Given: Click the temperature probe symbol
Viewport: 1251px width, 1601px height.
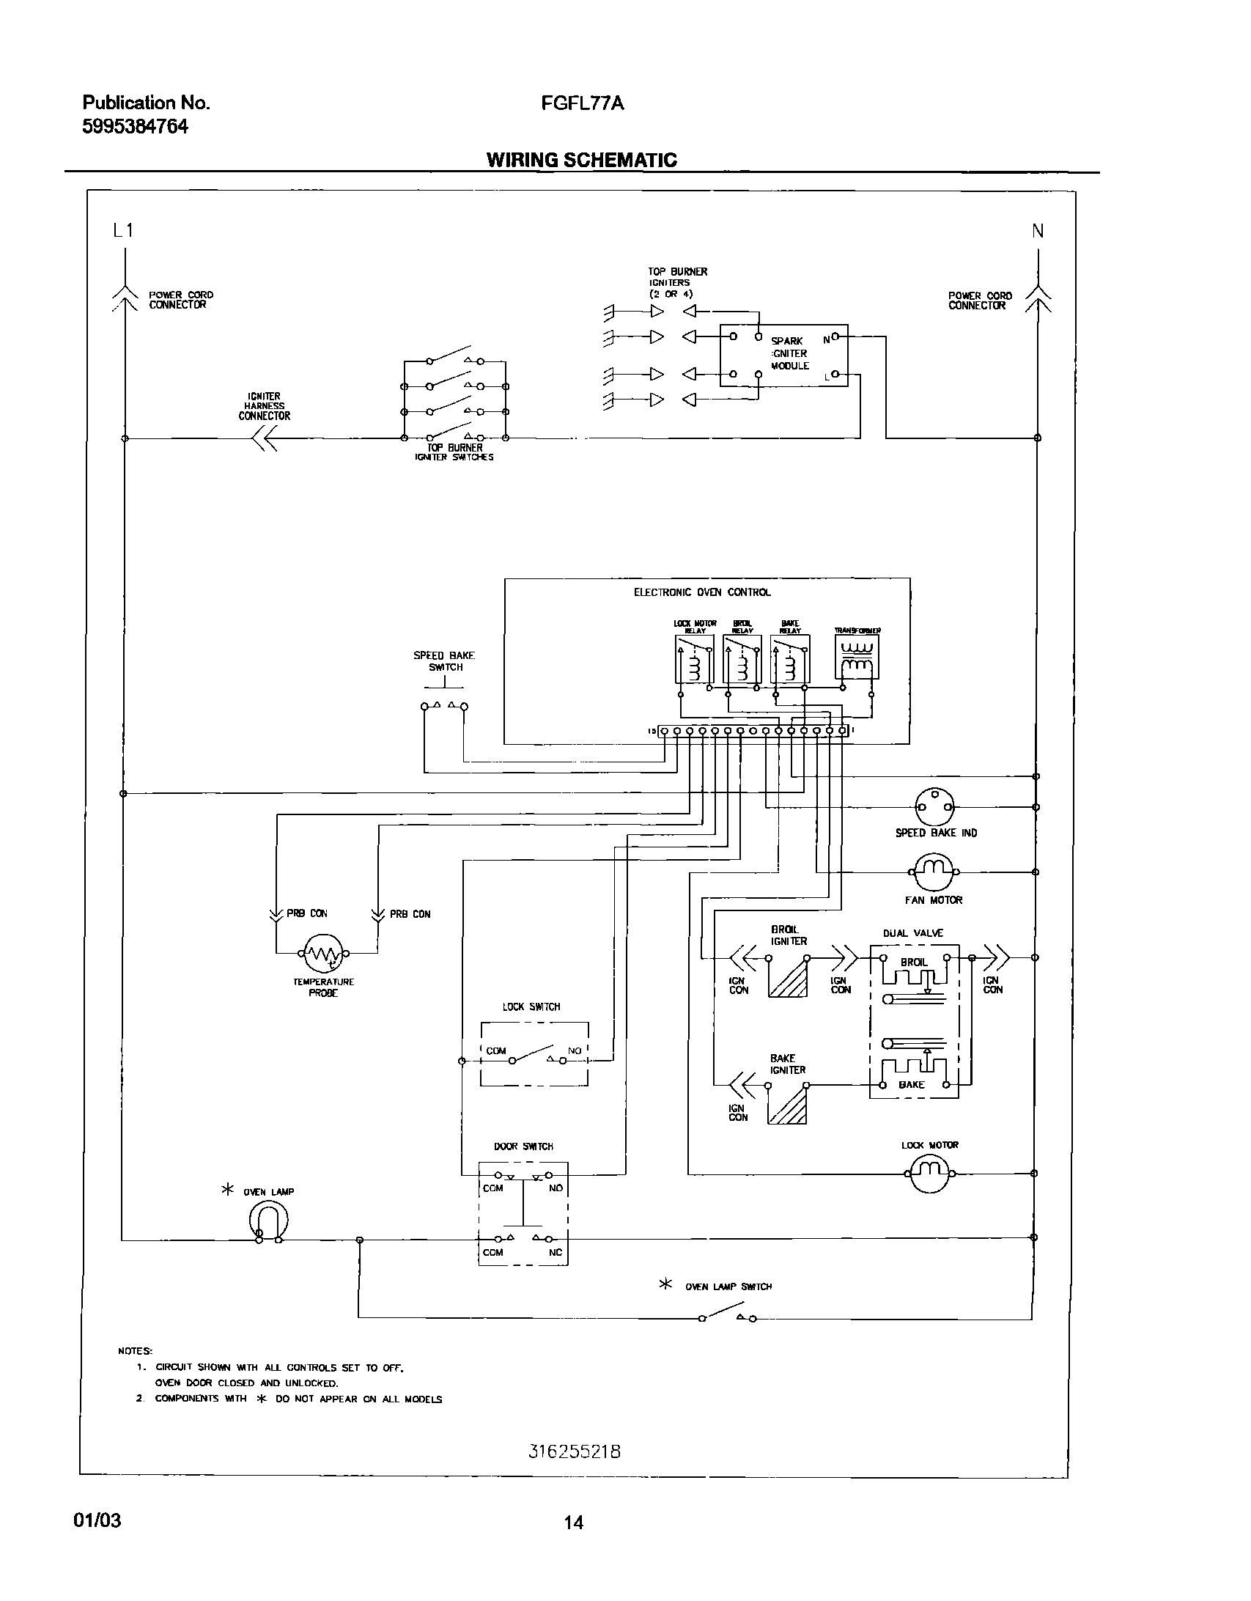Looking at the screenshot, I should point(323,953).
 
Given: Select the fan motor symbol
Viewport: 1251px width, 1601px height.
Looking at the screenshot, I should point(933,871).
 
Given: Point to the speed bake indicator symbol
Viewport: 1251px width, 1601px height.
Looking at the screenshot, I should point(935,806).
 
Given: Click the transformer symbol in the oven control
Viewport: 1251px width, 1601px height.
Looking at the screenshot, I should point(856,657).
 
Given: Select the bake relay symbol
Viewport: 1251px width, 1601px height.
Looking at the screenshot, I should point(789,659).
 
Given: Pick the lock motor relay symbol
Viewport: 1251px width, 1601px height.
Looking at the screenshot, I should point(694,659).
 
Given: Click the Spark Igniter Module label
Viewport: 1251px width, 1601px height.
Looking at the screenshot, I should point(790,353).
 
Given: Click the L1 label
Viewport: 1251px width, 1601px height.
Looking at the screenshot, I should point(123,231).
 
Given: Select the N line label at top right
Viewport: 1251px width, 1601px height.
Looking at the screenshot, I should point(1038,231).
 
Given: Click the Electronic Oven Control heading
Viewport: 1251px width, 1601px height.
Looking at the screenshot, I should point(701,592).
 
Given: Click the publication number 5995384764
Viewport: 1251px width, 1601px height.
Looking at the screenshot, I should point(135,127).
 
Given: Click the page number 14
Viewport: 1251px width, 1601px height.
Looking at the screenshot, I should point(574,1523).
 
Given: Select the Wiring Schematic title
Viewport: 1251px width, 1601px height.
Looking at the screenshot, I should point(581,160).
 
